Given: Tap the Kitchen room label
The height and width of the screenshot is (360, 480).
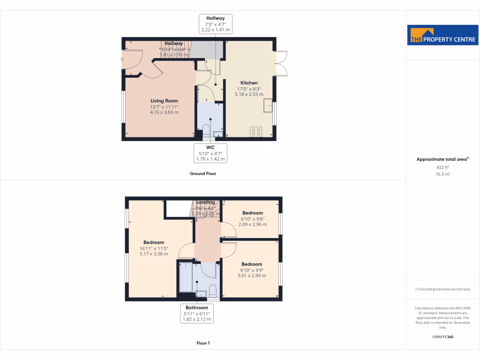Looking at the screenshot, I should (x=249, y=83).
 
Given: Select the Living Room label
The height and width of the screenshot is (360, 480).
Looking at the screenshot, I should (x=164, y=101).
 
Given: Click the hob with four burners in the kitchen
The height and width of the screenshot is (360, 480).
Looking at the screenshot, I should (x=256, y=132).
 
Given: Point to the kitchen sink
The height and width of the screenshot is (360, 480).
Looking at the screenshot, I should (x=268, y=105).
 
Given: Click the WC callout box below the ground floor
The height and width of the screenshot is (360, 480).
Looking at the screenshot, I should (x=210, y=153).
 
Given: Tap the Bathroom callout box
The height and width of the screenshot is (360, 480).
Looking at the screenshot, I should (x=197, y=314).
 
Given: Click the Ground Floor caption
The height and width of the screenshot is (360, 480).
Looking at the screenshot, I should (x=203, y=173).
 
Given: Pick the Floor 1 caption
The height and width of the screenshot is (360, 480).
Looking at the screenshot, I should (x=203, y=343).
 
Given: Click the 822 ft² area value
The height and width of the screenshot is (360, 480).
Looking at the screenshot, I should (x=443, y=167).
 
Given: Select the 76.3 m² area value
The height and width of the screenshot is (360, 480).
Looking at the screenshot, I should (x=443, y=174).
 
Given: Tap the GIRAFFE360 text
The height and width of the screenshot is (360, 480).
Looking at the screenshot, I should (x=443, y=337).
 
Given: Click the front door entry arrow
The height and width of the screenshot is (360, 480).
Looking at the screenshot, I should (x=122, y=60).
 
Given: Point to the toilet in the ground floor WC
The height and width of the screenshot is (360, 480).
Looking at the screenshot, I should (x=207, y=129).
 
